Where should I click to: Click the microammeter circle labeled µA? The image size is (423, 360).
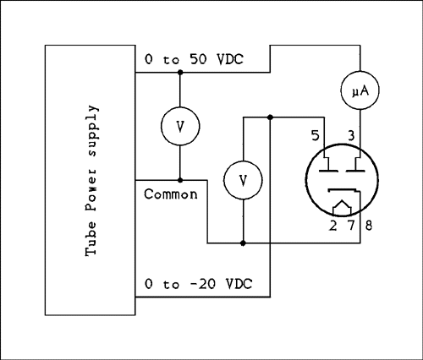[360, 87]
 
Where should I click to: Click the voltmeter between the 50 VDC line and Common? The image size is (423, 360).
[180, 126]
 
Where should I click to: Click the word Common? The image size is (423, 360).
[171, 194]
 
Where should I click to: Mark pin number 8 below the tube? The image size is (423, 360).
[367, 225]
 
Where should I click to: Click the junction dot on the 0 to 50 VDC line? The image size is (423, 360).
[180, 73]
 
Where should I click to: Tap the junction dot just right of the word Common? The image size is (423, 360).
[180, 179]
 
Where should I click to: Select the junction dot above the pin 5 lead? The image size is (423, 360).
[270, 116]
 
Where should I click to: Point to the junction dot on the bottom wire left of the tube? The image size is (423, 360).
[244, 243]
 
